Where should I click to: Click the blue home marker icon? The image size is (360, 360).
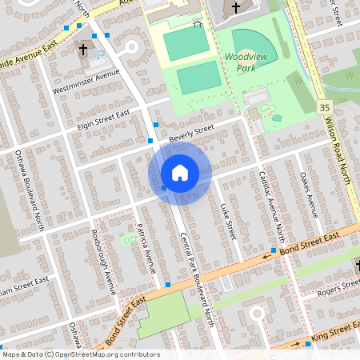click(x=180, y=173)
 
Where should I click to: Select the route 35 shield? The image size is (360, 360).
click(x=324, y=106)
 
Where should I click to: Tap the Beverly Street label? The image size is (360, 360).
click(x=192, y=132)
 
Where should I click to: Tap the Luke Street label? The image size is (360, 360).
click(x=226, y=220)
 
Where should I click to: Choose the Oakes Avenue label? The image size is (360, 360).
click(x=308, y=195)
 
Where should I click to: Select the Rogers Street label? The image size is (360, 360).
click(x=338, y=292)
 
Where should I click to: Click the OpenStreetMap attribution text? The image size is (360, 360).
click(x=80, y=354)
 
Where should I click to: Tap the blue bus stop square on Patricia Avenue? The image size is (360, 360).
click(x=168, y=285)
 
